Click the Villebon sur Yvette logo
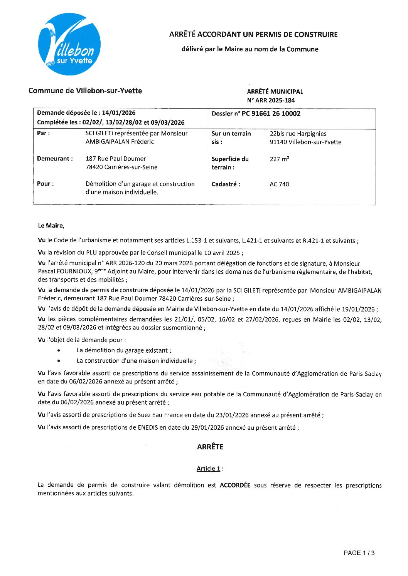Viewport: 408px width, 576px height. pyautogui.click(x=69, y=44)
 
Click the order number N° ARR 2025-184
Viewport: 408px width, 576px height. pyautogui.click(x=271, y=100)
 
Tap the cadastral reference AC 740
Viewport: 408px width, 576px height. pyautogui.click(x=279, y=184)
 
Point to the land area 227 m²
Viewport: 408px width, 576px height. pyautogui.click(x=279, y=159)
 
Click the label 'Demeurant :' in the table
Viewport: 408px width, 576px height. pyautogui.click(x=55, y=159)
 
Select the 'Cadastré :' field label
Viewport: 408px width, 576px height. pyautogui.click(x=226, y=184)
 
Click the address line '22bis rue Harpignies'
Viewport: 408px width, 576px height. pyautogui.click(x=298, y=134)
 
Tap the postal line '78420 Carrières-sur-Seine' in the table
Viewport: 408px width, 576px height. pyautogui.click(x=121, y=167)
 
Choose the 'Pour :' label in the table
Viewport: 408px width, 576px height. pyautogui.click(x=45, y=184)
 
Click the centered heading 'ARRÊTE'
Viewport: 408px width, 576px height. pyautogui.click(x=210, y=447)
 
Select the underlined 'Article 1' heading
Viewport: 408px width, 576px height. pyautogui.click(x=208, y=469)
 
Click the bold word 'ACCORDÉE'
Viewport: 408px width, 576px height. pyautogui.click(x=235, y=485)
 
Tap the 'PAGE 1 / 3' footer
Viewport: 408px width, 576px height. pyautogui.click(x=359, y=553)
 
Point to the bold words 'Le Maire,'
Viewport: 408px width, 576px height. pyautogui.click(x=51, y=226)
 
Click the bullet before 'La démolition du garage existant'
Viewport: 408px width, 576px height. pyautogui.click(x=58, y=350)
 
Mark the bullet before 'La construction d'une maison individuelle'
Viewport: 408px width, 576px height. pyautogui.click(x=58, y=361)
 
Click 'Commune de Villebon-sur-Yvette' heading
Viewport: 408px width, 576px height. pyautogui.click(x=85, y=91)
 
